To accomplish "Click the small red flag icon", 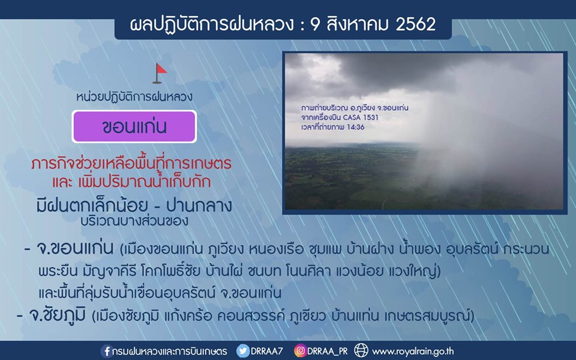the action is click(160, 73).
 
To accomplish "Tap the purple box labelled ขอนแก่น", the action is click(134, 127).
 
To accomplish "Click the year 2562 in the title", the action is click(415, 25).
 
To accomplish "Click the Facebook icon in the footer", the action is click(107, 351).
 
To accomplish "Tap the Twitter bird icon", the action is click(242, 351).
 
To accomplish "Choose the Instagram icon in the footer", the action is click(300, 351).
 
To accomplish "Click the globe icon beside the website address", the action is click(361, 350).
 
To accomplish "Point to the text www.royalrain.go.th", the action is click(413, 352).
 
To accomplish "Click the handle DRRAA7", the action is click(266, 351).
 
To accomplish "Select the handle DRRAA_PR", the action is click(328, 351).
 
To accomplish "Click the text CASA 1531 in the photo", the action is click(361, 118).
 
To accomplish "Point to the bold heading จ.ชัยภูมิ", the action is click(57, 315).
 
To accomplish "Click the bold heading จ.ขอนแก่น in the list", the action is click(74, 248).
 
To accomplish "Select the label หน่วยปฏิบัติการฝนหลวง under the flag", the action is click(134, 97).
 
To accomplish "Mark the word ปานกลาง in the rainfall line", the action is click(199, 206).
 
